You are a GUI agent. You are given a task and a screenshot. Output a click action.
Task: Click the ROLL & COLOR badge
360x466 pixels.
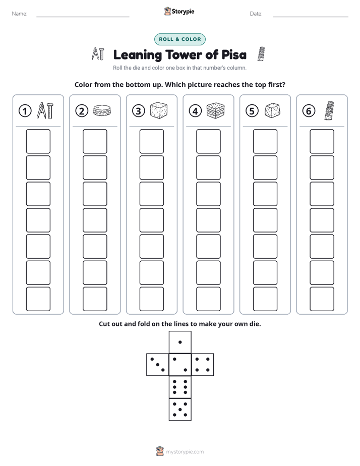179,39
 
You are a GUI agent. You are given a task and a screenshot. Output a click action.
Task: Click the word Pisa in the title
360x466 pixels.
234,55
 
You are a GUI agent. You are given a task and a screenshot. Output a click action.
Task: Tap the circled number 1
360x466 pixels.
25,111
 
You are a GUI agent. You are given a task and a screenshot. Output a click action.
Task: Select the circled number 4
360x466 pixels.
195,111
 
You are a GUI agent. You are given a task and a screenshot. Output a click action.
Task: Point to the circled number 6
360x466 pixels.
309,111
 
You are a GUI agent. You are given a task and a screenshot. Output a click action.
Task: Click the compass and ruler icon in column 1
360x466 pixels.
45,110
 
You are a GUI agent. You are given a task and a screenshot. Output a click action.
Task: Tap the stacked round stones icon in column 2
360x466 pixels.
102,110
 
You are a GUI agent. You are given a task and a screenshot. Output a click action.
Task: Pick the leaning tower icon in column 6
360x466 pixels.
329,110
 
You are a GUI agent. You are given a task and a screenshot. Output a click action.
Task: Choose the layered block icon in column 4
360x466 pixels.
215,110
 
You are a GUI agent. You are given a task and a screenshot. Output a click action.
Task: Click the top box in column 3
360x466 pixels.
151,141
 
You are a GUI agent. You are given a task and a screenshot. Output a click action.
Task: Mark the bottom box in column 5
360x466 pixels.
265,299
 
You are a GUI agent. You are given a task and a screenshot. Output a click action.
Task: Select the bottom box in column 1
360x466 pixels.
38,299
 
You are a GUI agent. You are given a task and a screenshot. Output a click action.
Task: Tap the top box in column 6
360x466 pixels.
322,141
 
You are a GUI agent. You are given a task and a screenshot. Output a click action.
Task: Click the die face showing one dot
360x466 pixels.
180,342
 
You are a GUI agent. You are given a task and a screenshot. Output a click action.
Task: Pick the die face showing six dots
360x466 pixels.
180,387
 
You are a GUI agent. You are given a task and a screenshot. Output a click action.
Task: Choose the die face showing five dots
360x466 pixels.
180,409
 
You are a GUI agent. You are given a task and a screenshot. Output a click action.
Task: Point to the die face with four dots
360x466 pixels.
203,365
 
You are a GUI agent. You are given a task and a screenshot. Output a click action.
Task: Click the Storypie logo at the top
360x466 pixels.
179,12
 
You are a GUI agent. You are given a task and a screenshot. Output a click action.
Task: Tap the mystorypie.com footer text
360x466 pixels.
185,452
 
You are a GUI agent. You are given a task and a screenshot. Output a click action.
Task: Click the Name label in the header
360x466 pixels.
20,14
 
